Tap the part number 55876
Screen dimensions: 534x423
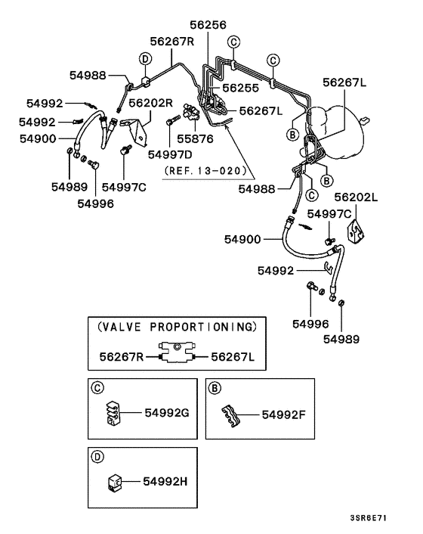196,140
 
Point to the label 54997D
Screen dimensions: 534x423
170,154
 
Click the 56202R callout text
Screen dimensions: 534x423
151,102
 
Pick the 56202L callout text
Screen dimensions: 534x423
356,197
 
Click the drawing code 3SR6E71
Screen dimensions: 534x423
369,518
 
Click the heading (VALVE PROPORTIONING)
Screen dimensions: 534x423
177,327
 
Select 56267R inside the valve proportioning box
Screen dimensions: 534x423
123,355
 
